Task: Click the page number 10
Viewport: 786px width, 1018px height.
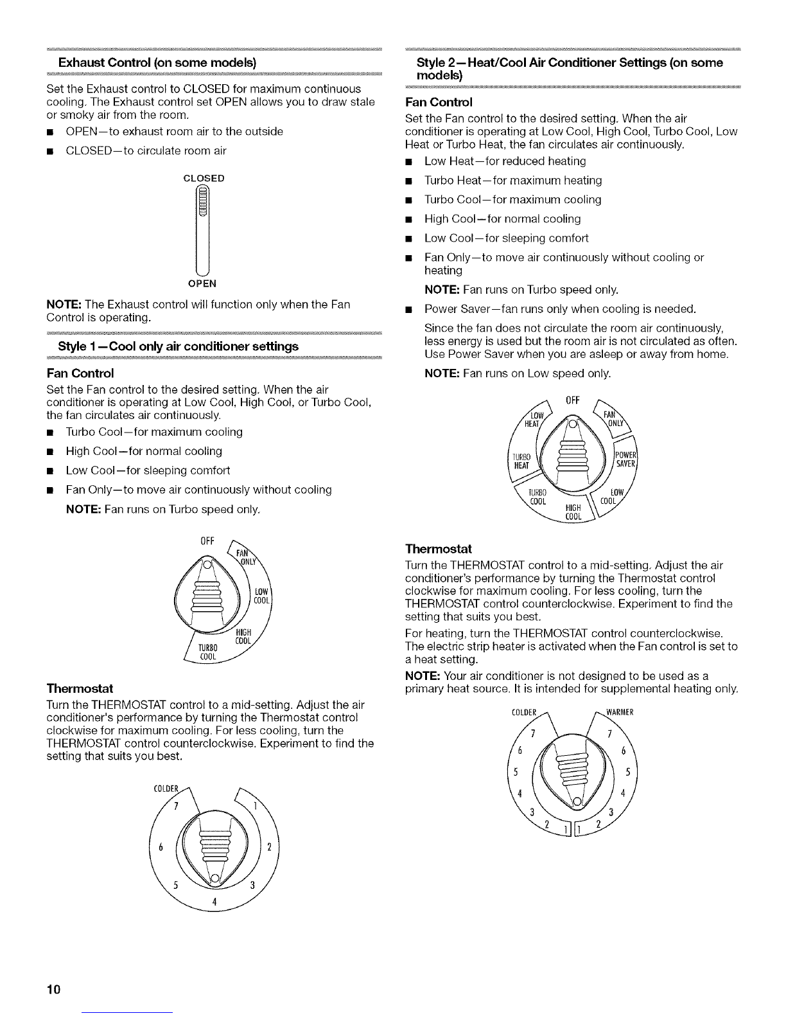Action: [x=53, y=989]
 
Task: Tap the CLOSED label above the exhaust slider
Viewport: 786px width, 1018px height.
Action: [x=204, y=178]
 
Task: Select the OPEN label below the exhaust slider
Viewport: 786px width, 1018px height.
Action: [x=202, y=283]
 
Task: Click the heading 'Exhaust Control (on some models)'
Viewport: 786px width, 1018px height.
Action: [x=157, y=62]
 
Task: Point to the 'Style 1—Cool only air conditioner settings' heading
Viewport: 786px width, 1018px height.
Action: [x=178, y=346]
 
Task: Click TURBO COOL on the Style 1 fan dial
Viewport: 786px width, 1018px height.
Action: [x=208, y=652]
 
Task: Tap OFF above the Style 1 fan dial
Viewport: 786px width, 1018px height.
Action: [x=207, y=541]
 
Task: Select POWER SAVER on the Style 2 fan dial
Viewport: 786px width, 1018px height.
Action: [x=625, y=459]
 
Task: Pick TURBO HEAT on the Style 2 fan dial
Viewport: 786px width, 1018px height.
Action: [x=521, y=461]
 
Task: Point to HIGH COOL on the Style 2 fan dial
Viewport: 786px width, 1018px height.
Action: [x=573, y=512]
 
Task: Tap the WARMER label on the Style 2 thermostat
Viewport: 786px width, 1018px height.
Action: [x=620, y=712]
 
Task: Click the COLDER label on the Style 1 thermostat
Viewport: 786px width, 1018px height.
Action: [x=166, y=789]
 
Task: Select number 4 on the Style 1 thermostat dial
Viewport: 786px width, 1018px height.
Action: [x=214, y=901]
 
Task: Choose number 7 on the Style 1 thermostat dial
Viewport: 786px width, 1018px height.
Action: [x=176, y=807]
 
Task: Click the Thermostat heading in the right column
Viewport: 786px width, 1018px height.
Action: [x=438, y=549]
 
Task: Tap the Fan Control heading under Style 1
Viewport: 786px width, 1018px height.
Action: [x=80, y=373]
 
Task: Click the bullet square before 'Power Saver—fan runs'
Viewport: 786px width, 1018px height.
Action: [x=408, y=310]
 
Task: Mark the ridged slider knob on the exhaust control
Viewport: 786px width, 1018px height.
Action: [x=202, y=202]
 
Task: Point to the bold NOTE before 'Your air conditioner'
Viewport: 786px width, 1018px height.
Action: [x=423, y=675]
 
